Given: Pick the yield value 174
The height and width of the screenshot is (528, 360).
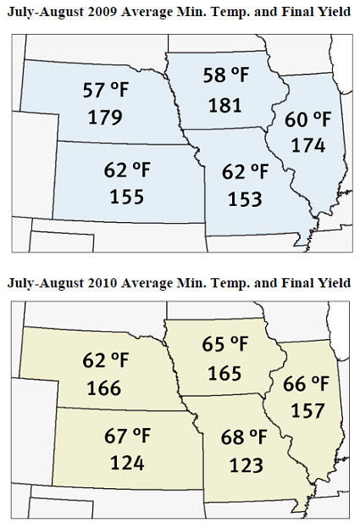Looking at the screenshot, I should pos(309,145).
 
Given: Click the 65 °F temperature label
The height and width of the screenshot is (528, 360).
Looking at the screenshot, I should pos(225,345).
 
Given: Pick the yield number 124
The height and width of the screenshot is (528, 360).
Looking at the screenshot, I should pos(127,463).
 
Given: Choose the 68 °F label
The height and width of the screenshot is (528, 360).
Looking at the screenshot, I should pos(246,439).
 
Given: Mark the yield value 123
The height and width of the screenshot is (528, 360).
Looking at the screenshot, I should pos(246,465).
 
